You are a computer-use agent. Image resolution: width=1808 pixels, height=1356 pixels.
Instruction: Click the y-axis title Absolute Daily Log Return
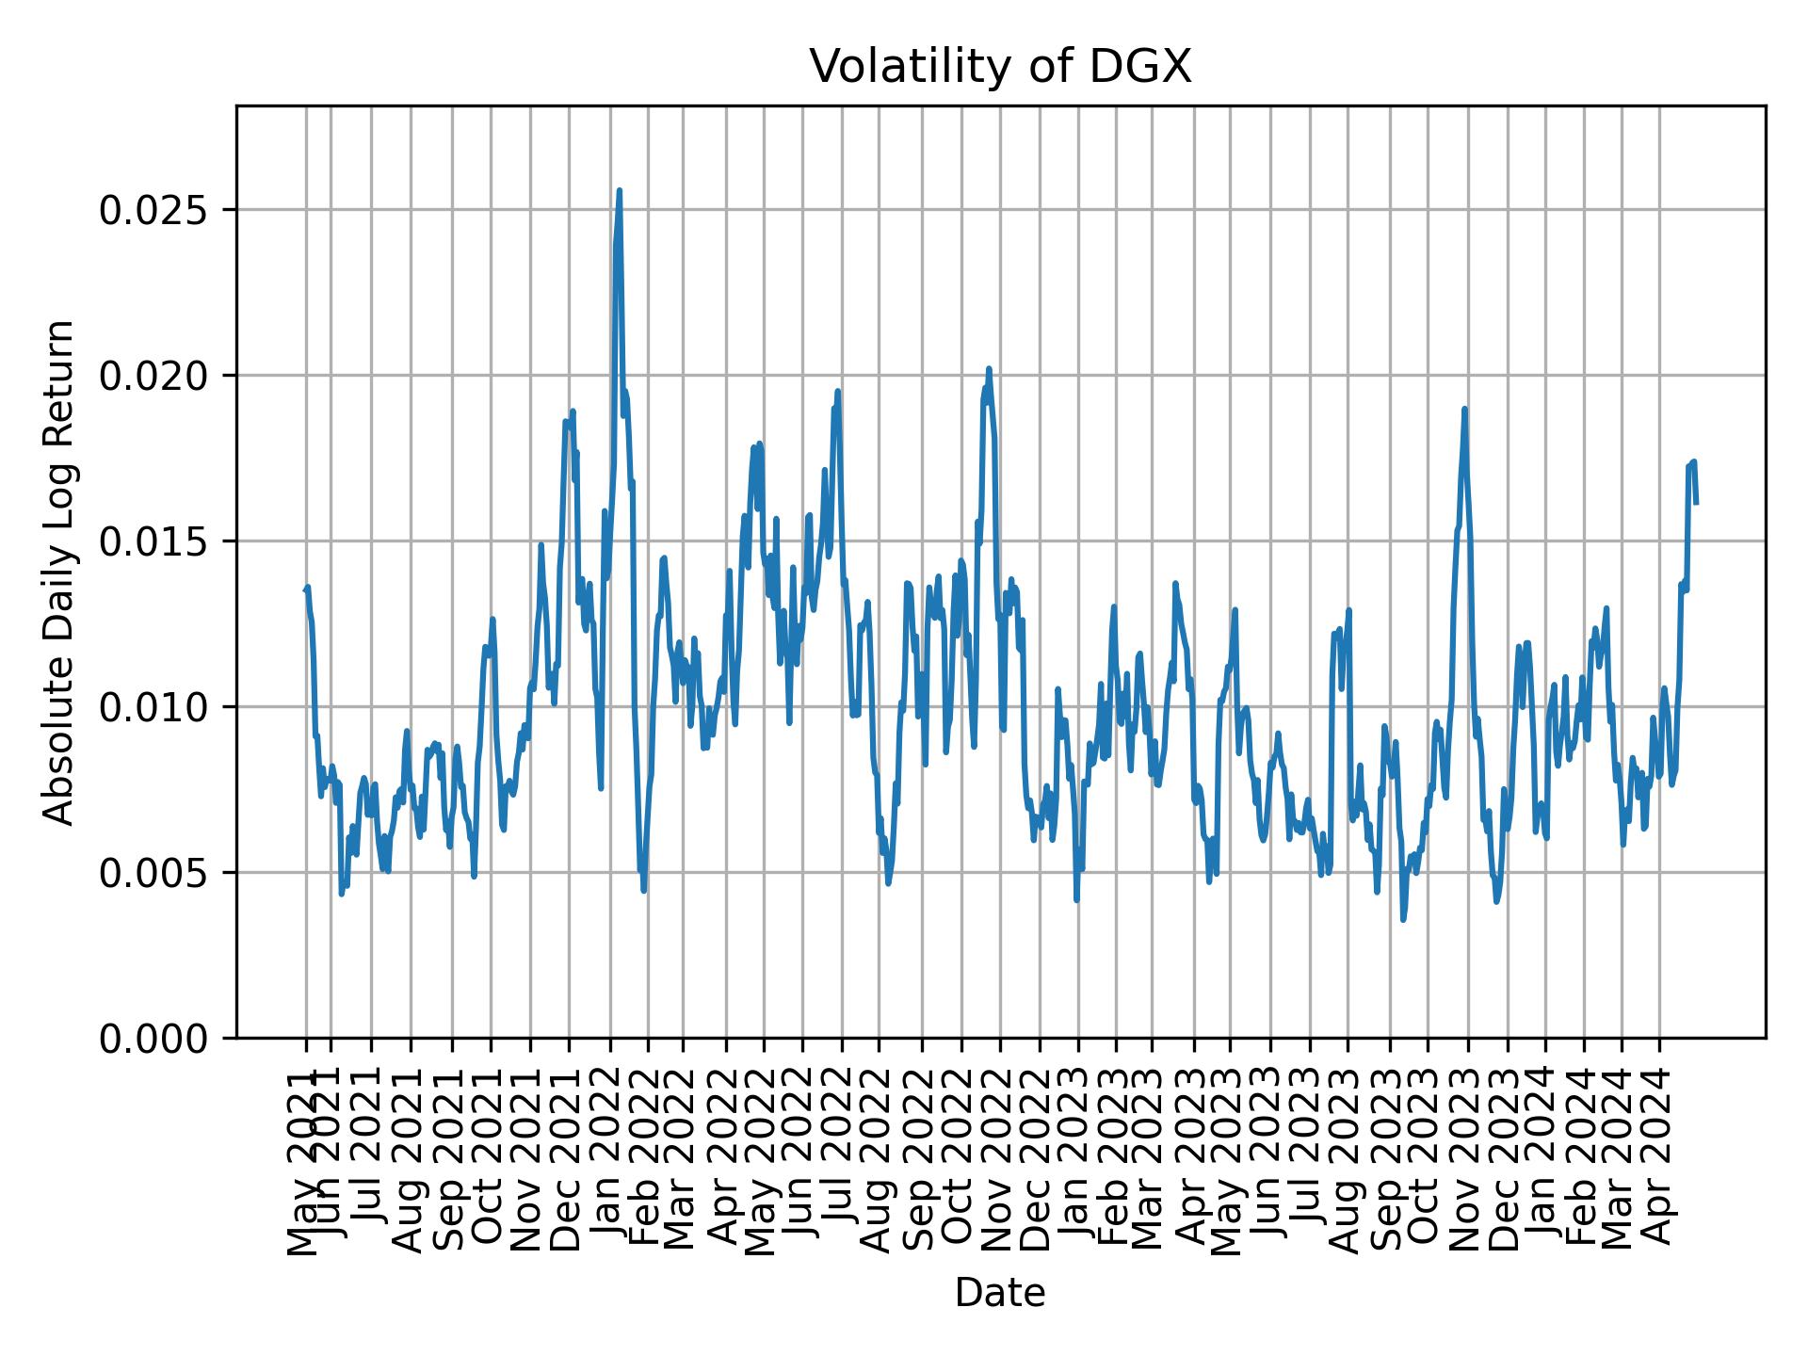coord(60,572)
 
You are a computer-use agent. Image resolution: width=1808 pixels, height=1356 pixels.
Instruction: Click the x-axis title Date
coord(1000,1293)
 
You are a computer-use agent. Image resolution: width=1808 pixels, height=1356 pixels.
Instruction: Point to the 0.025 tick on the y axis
coord(154,210)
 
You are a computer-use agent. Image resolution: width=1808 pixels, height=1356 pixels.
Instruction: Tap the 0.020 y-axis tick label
coord(154,376)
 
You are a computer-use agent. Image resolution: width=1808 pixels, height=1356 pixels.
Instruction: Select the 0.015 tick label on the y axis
coord(154,541)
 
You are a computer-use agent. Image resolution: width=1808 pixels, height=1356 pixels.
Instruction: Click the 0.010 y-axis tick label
coord(154,707)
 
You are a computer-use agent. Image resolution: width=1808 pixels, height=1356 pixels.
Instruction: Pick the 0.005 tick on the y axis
coord(154,873)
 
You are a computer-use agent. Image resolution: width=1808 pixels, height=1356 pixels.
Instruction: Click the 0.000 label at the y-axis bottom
coord(154,1039)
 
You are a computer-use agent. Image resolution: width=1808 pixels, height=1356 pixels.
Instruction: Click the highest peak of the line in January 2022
coord(619,190)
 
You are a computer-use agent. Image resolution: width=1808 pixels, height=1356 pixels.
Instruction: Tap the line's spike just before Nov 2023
coord(1464,409)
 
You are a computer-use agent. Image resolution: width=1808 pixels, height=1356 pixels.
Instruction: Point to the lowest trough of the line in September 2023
coord(1403,920)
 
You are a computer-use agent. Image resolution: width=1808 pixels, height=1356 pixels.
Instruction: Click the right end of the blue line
coord(1696,503)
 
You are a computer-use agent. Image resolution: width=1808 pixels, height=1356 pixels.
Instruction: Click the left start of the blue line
coord(305,590)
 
